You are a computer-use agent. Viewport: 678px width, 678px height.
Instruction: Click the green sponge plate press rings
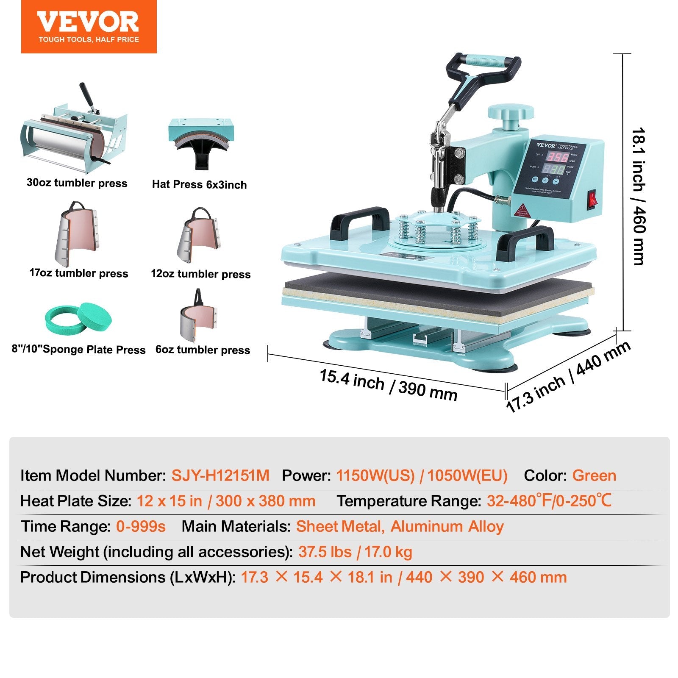point(79,318)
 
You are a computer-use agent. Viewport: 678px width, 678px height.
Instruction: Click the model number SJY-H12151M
point(220,475)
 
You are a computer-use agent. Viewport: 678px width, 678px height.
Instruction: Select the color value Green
point(594,475)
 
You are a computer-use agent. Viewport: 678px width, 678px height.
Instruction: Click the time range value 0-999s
point(141,526)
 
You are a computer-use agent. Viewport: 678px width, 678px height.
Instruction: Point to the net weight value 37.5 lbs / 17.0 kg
point(355,552)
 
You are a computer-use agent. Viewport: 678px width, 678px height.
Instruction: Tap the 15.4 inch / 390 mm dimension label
point(388,385)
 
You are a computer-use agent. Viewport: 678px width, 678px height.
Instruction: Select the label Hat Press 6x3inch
point(199,184)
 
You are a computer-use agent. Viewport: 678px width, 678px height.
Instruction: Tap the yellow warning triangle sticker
point(522,210)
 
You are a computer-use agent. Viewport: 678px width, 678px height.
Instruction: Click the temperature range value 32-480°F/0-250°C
point(549,501)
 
